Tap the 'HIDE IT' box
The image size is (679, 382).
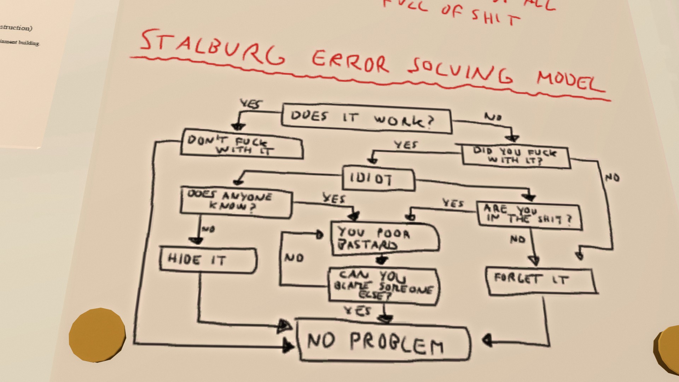click(x=208, y=260)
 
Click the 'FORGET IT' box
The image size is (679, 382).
click(x=540, y=281)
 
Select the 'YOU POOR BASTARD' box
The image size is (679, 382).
click(x=385, y=238)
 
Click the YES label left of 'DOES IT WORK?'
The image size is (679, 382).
click(x=251, y=104)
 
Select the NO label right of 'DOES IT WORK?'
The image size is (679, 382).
click(x=493, y=117)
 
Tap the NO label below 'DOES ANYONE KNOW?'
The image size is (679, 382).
click(x=208, y=229)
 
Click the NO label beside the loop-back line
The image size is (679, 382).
click(x=294, y=257)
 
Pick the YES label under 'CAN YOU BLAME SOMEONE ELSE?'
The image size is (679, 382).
click(x=358, y=311)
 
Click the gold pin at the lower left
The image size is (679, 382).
click(x=97, y=335)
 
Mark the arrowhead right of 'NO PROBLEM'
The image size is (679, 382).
click(x=487, y=341)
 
